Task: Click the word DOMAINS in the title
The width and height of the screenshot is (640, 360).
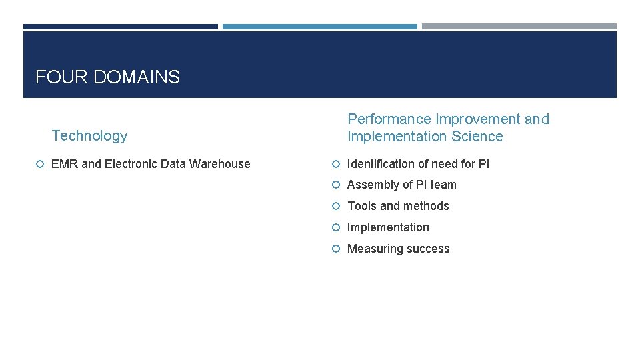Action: click(x=137, y=77)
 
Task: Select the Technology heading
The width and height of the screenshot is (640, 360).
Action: click(x=89, y=136)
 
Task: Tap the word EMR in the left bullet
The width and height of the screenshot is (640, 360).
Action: click(x=65, y=164)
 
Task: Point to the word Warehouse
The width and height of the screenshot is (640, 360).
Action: click(x=221, y=164)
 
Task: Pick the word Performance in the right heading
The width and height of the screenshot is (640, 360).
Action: click(x=389, y=119)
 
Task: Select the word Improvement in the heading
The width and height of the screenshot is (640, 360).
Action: click(x=478, y=119)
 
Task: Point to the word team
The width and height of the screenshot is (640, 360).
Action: click(x=443, y=185)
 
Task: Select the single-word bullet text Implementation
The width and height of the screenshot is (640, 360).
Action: click(x=389, y=227)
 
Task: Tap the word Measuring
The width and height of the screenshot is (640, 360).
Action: click(x=374, y=249)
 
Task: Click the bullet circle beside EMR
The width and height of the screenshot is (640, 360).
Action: click(x=41, y=164)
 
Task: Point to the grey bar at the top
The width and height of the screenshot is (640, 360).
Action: click(x=519, y=27)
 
